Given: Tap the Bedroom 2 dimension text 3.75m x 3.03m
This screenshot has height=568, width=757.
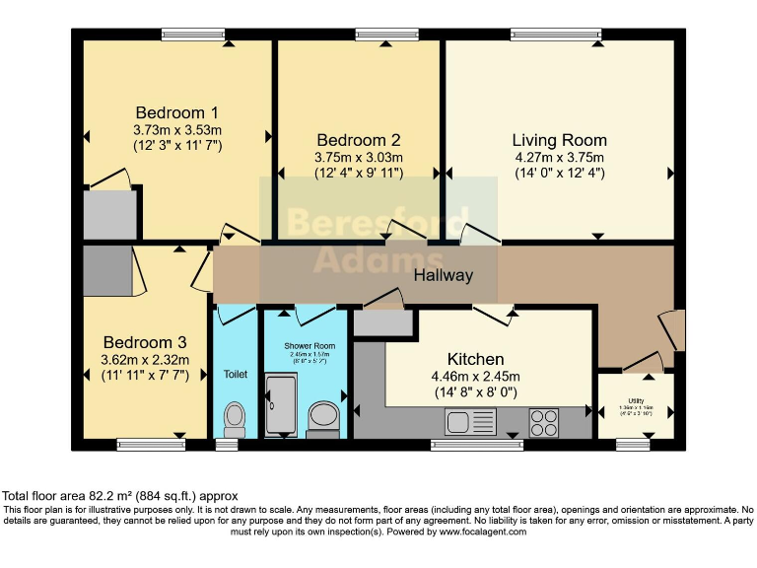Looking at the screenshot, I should [358, 157].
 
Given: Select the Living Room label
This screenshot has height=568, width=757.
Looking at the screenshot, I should [559, 140].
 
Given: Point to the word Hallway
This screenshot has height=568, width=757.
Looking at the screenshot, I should [443, 276].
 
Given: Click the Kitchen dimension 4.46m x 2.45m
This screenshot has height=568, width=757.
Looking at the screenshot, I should [475, 376].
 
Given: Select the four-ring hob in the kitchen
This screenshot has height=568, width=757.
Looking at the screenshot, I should [544, 422].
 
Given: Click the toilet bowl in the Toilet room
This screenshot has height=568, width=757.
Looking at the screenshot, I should [235, 417].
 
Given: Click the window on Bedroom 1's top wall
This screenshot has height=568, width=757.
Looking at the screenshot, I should [193, 35].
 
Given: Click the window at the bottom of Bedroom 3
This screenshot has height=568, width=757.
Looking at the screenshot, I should [151, 445].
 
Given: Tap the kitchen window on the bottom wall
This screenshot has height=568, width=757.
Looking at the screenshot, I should [477, 445].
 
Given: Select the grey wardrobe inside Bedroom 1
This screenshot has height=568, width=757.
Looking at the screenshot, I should [109, 214].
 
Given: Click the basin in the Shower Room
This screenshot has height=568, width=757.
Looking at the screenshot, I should [323, 415].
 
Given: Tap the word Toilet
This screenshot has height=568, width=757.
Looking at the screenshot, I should [235, 375].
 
